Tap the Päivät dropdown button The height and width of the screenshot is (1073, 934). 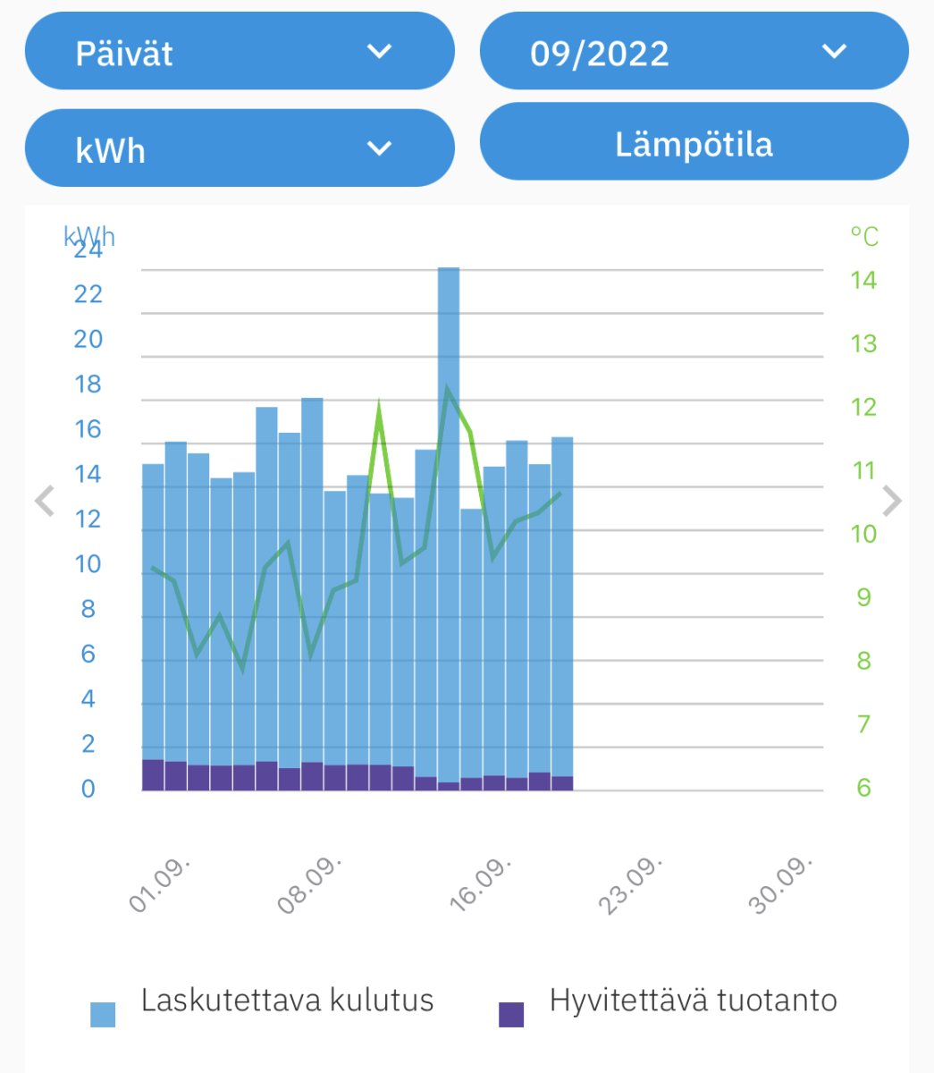pyautogui.click(x=239, y=52)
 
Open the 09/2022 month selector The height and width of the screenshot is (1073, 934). pyautogui.click(x=694, y=52)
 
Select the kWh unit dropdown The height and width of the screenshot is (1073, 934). pyautogui.click(x=239, y=148)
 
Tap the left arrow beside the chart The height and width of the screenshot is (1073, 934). pyautogui.click(x=44, y=502)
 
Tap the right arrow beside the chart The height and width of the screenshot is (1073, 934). pyautogui.click(x=891, y=502)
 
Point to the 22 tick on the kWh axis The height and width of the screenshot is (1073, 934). pyautogui.click(x=88, y=294)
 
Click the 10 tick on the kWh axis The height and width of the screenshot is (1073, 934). pyautogui.click(x=88, y=564)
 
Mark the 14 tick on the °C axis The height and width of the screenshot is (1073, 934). pyautogui.click(x=863, y=280)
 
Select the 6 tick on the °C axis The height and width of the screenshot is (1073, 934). pyautogui.click(x=863, y=788)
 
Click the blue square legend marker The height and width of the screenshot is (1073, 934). pyautogui.click(x=103, y=1014)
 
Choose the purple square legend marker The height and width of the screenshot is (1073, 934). pyautogui.click(x=511, y=1014)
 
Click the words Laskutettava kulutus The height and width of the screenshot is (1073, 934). pyautogui.click(x=287, y=1000)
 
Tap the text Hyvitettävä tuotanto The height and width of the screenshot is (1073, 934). pyautogui.click(x=693, y=1000)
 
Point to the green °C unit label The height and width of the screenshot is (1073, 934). pyautogui.click(x=864, y=237)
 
